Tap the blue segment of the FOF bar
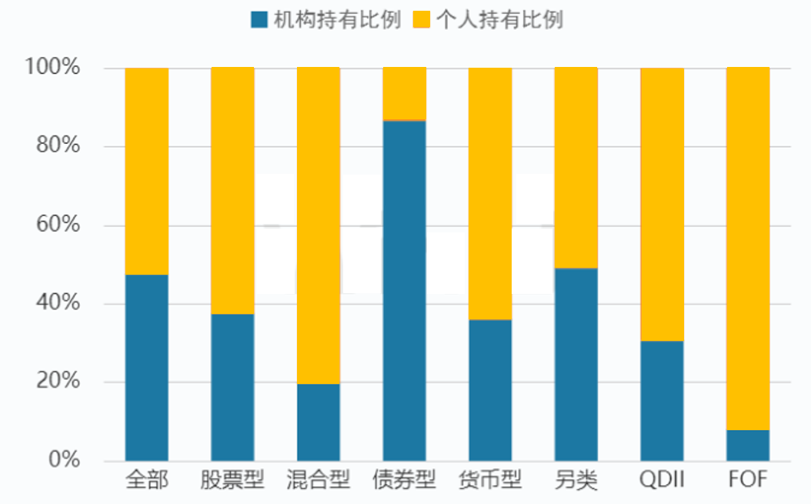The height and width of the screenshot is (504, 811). tap(748, 446)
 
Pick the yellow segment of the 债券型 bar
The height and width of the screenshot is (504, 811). tap(404, 94)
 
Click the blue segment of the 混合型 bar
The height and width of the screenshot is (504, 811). tap(319, 422)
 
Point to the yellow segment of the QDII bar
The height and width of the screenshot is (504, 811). tap(662, 205)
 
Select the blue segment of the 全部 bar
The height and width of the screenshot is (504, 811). tap(147, 368)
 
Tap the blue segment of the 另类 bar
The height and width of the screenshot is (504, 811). tap(576, 365)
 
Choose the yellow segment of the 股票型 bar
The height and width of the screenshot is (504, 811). tap(232, 191)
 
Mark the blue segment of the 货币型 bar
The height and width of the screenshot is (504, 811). tap(490, 390)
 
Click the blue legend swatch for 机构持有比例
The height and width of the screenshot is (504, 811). tap(259, 20)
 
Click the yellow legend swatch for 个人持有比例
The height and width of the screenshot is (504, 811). tap(422, 20)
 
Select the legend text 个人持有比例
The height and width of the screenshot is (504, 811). tap(499, 20)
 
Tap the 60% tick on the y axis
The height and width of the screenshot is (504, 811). tap(58, 225)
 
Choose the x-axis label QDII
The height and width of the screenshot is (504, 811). tap(662, 482)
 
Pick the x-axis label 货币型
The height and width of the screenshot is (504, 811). tap(490, 482)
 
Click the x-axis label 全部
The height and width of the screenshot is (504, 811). tap(147, 482)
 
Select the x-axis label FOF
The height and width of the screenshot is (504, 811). tap(748, 482)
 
